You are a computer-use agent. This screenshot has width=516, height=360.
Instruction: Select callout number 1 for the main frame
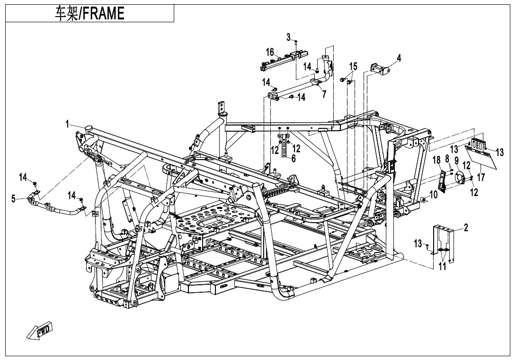(x=68, y=124)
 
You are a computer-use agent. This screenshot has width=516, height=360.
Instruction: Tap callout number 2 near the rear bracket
(x=466, y=228)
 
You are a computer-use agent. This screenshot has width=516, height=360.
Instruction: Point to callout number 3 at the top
(x=288, y=37)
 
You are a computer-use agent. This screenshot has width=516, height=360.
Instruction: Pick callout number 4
(x=399, y=58)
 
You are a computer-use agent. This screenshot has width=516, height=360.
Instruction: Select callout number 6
(x=294, y=159)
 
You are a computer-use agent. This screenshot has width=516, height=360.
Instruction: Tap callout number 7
(x=324, y=94)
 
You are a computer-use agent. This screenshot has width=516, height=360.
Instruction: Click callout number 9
(x=457, y=161)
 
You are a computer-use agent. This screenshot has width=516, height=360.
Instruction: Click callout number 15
(x=353, y=66)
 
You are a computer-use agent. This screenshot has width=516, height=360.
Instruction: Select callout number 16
(x=270, y=52)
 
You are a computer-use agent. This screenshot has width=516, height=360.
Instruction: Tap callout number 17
(x=481, y=178)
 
